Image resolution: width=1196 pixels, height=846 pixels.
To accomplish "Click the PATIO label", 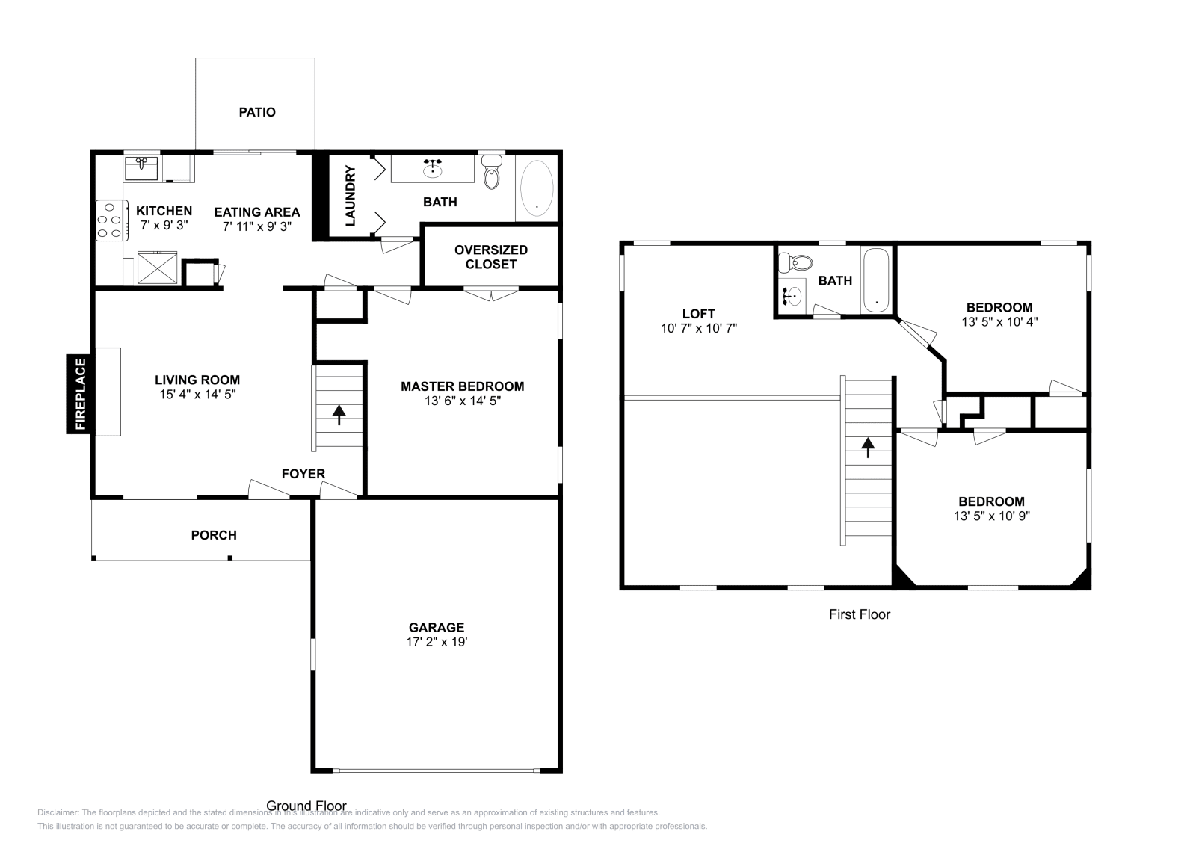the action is click(257, 112).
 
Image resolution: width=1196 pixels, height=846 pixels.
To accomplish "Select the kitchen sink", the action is click(141, 168).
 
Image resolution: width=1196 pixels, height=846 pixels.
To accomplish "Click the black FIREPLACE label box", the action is click(80, 394).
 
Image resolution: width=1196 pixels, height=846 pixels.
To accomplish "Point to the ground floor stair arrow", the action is click(339, 415).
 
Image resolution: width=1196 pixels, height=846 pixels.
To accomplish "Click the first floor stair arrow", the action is click(868, 447).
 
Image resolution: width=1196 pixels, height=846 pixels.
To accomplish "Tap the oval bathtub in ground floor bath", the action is click(537, 188).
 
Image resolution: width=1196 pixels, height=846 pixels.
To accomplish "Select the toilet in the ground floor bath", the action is click(492, 172).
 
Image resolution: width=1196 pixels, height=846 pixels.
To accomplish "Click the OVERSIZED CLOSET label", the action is click(491, 257).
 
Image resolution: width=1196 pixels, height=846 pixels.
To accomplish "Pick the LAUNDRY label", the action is click(351, 196).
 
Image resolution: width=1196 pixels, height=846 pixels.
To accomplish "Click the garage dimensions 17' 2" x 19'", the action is click(437, 641).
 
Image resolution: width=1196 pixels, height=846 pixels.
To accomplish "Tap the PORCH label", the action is click(214, 535).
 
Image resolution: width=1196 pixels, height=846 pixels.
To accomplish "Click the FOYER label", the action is click(303, 473).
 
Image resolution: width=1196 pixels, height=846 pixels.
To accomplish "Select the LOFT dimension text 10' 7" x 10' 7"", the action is click(699, 328).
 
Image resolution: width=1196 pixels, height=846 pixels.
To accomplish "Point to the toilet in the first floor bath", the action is click(795, 262).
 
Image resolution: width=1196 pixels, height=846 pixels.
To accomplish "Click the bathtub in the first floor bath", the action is click(876, 280).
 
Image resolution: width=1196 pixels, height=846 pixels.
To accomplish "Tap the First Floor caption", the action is click(860, 614).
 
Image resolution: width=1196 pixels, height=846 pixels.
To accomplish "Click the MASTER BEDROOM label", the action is click(463, 386).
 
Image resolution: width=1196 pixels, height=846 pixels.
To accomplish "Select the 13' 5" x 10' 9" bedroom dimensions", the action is click(991, 516).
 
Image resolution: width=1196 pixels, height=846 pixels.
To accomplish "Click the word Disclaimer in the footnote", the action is click(58, 813).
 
